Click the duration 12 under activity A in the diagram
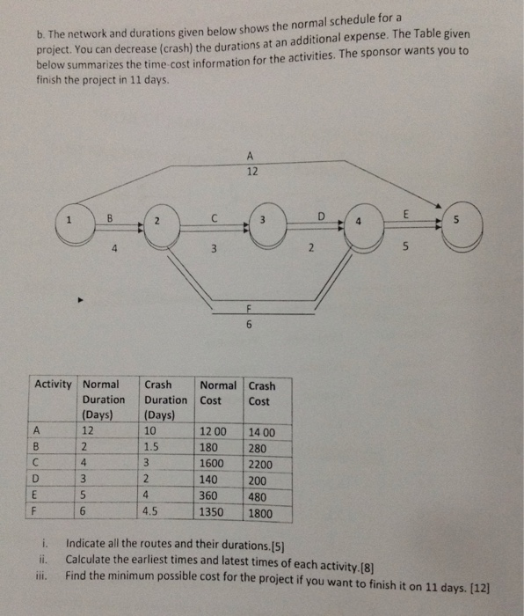(252, 172)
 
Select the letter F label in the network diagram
(249, 306)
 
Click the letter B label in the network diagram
(111, 216)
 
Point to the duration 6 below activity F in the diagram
(249, 324)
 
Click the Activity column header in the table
(53, 385)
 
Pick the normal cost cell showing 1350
(214, 510)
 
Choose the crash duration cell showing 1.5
(155, 448)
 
